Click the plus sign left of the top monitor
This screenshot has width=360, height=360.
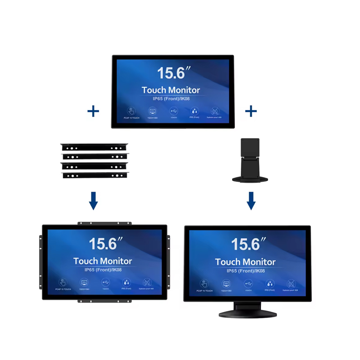93,111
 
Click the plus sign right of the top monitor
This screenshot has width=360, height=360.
251,111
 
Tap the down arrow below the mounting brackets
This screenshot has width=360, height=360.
93,201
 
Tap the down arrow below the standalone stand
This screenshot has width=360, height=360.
251,200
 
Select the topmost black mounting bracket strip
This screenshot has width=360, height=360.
95,147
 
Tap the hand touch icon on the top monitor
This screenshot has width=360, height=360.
130,111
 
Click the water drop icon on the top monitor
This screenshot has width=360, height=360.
194,111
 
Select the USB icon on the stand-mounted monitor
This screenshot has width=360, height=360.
247,283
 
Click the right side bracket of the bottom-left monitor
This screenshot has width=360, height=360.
169,261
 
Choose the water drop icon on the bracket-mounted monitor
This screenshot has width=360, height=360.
126,282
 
